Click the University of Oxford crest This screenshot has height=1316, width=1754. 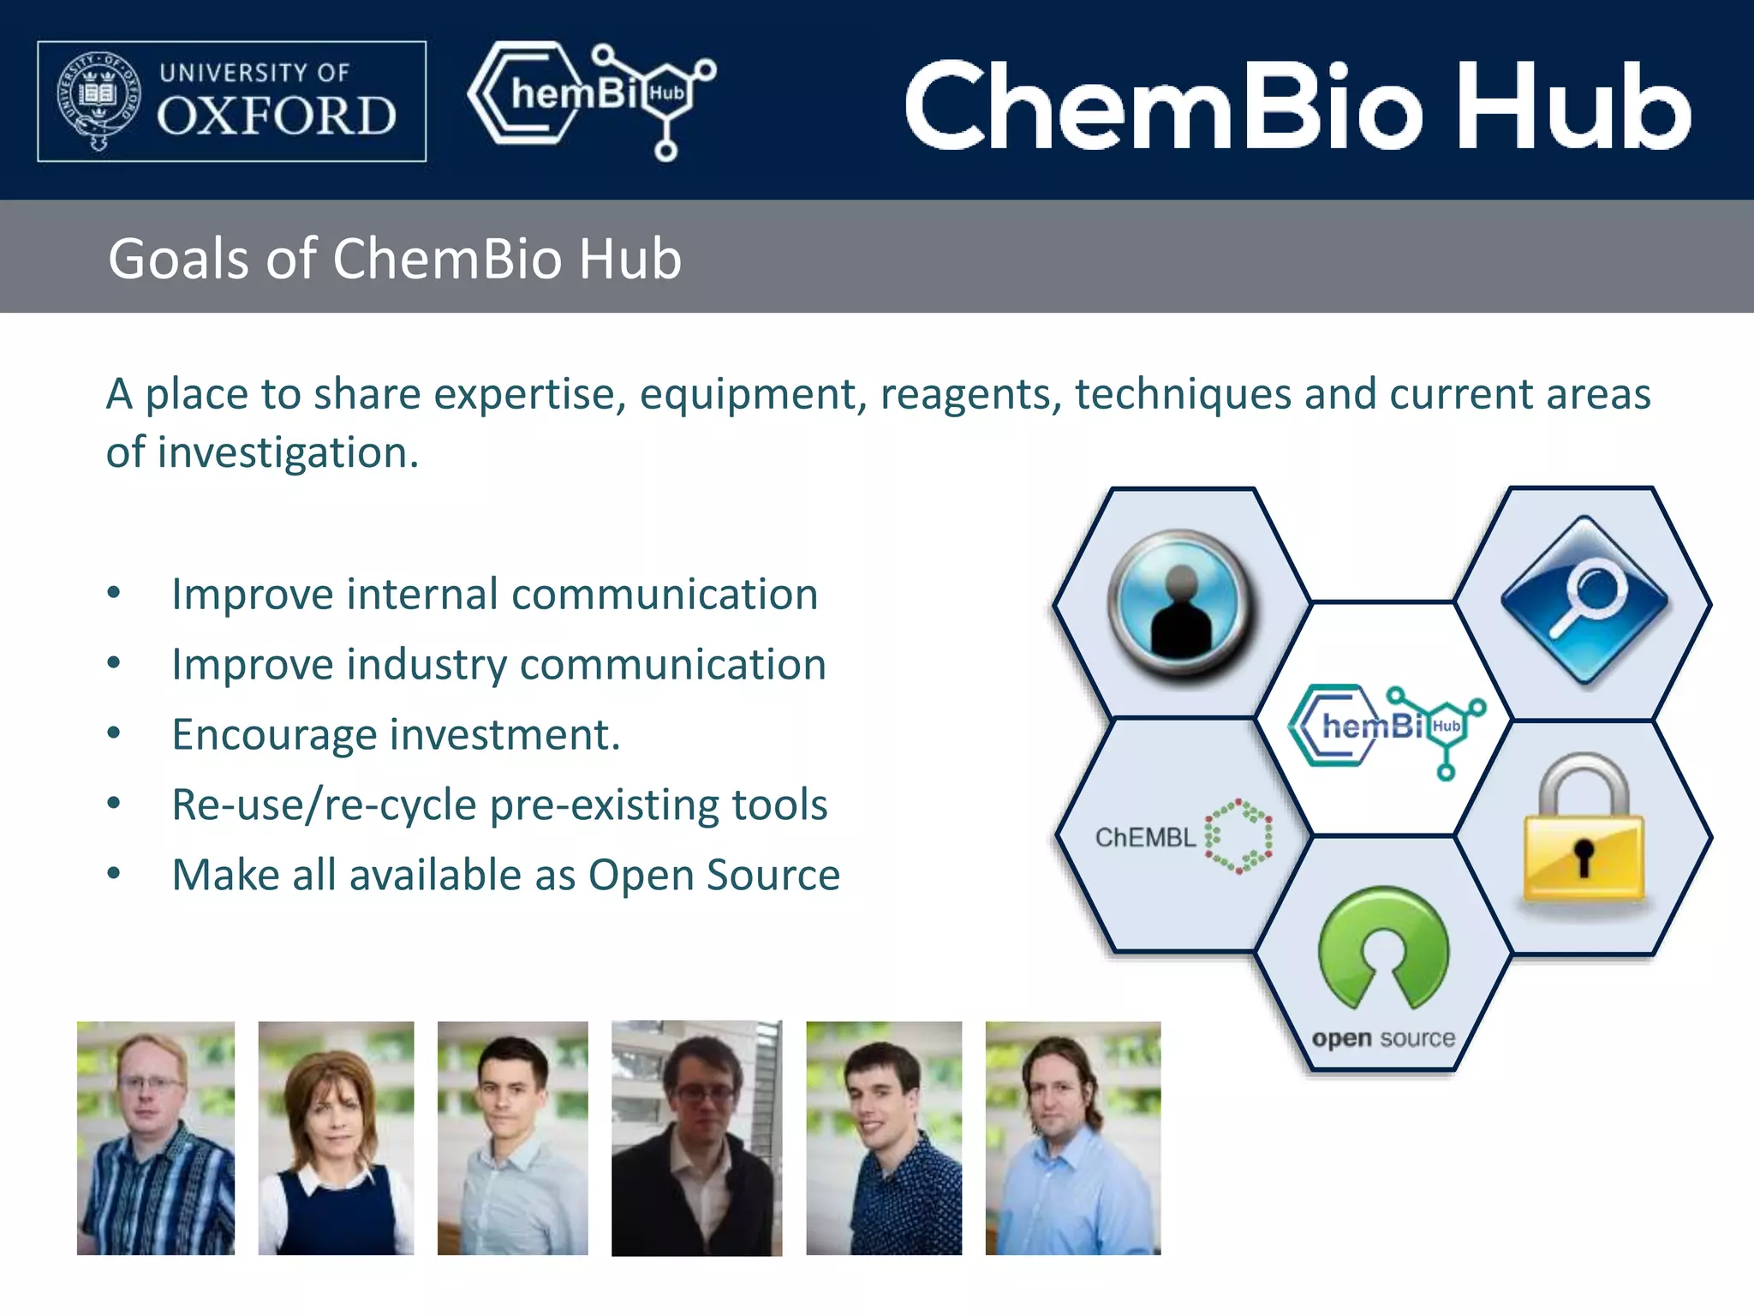point(98,100)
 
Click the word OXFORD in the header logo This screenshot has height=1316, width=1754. point(277,117)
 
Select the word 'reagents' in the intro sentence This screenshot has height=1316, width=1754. point(970,396)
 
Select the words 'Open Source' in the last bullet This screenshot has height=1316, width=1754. point(713,876)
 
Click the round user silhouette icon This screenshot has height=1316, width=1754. point(1181,603)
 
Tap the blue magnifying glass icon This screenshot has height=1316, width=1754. point(1585,600)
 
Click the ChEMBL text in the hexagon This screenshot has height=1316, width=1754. point(1145,838)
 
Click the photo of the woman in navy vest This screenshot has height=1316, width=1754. point(336,1138)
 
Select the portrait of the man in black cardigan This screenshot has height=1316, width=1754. point(696,1138)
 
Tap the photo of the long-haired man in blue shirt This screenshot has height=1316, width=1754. point(1072,1138)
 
